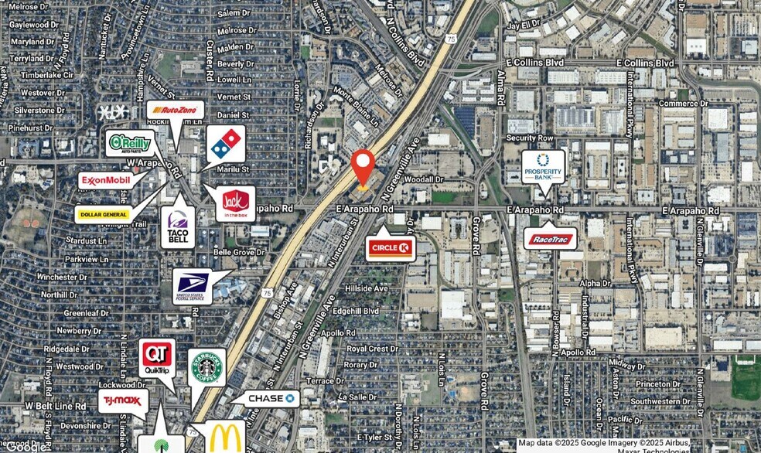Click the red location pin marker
click(x=363, y=166)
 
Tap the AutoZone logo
click(x=176, y=111)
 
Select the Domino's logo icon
click(x=226, y=144)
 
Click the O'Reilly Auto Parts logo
click(x=130, y=143)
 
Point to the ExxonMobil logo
click(x=107, y=180)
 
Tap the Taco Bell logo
click(x=178, y=226)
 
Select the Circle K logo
click(x=391, y=248)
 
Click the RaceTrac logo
click(x=551, y=239)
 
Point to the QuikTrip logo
click(x=157, y=357)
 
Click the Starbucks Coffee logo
click(x=206, y=368)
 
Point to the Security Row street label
click(x=529, y=138)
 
